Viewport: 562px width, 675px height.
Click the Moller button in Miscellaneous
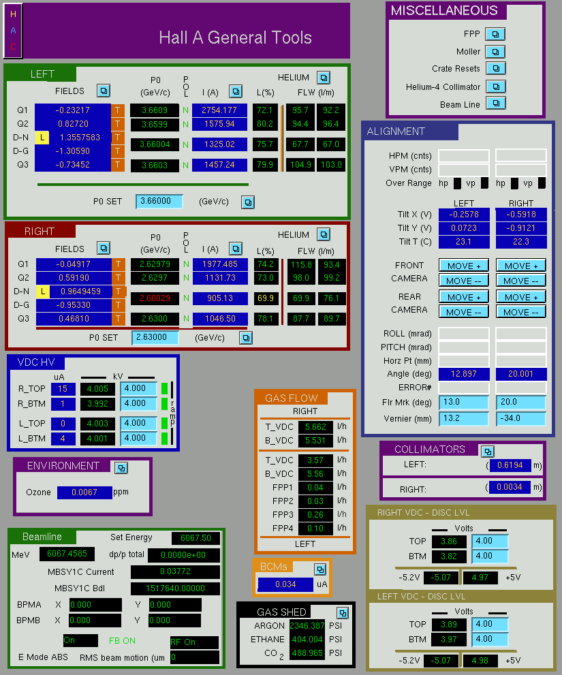click(x=495, y=52)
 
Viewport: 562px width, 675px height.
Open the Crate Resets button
click(x=496, y=68)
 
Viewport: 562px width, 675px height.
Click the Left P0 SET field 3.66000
click(x=159, y=201)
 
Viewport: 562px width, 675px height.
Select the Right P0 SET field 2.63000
click(x=155, y=338)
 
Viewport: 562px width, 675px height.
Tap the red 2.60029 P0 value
click(x=155, y=298)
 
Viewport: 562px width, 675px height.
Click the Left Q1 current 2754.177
click(x=219, y=110)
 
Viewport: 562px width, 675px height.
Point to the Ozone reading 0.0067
click(x=84, y=492)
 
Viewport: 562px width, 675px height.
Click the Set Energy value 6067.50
click(x=196, y=538)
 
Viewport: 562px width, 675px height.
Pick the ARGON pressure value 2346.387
click(x=307, y=625)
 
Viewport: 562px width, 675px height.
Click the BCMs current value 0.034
click(x=285, y=584)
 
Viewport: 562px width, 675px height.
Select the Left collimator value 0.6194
click(x=510, y=465)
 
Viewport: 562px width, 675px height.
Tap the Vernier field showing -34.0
click(x=520, y=418)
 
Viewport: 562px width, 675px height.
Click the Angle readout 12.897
click(x=464, y=374)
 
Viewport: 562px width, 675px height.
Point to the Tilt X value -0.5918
click(x=521, y=215)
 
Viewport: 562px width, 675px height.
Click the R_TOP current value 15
click(x=63, y=389)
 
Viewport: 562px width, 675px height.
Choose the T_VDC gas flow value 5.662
click(x=315, y=427)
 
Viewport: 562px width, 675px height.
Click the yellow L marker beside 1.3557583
click(x=42, y=138)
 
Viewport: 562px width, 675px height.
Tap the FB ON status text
click(x=123, y=640)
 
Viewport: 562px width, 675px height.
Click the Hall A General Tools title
click(x=235, y=37)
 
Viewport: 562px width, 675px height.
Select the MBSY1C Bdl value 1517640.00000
click(x=175, y=588)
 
